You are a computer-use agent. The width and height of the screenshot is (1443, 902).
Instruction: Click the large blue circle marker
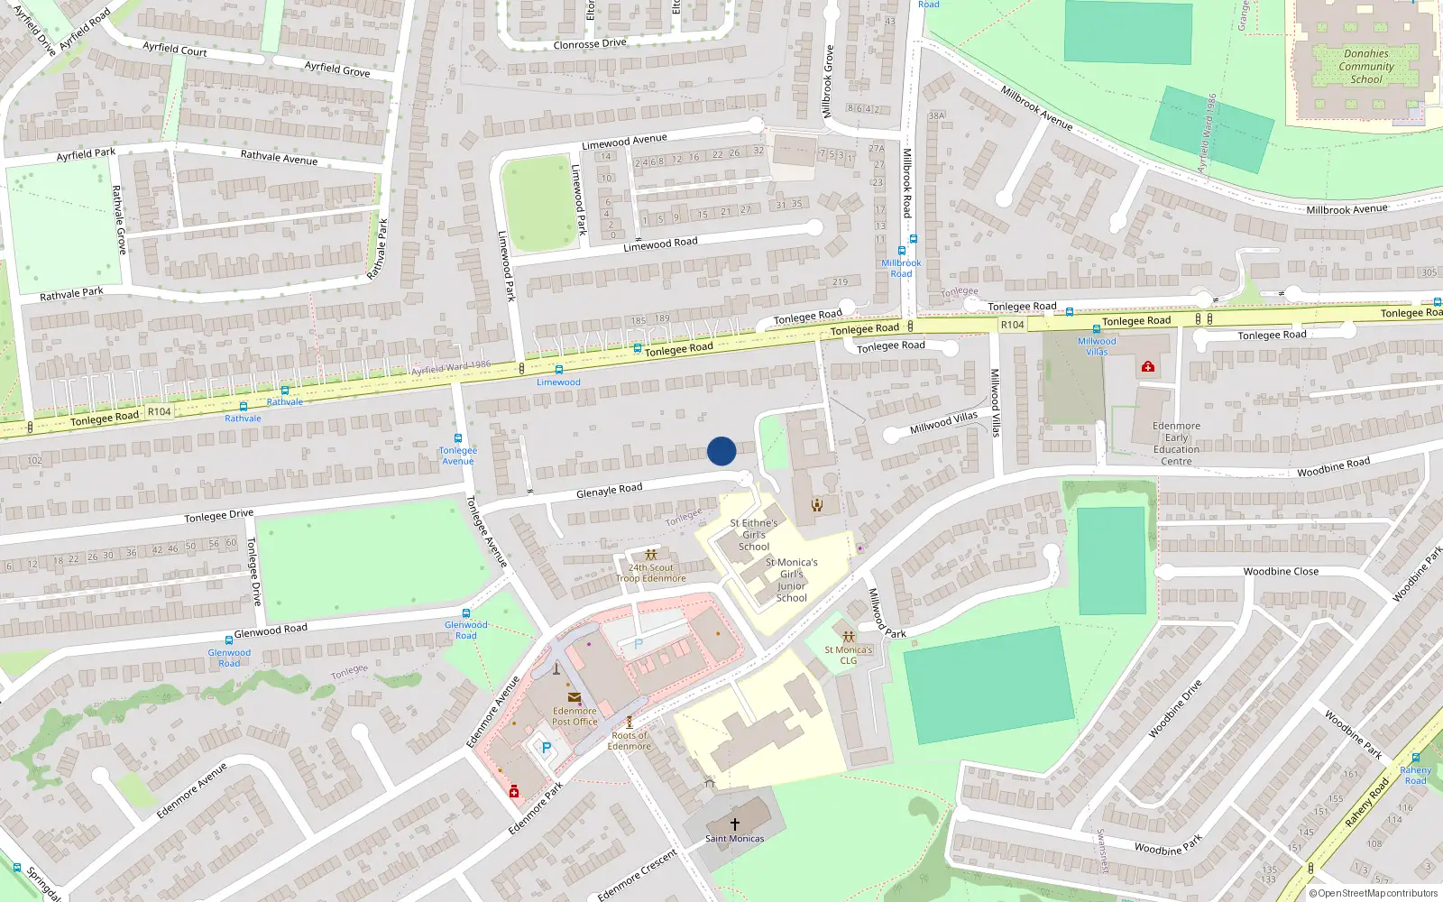click(x=721, y=451)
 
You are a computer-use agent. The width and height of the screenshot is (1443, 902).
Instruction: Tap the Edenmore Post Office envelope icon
click(x=574, y=696)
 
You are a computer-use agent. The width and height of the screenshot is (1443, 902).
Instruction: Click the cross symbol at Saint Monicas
click(x=735, y=824)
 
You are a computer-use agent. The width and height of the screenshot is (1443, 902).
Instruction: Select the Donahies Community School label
click(x=1366, y=67)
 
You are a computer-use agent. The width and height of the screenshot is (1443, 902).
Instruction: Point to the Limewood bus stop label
click(x=558, y=382)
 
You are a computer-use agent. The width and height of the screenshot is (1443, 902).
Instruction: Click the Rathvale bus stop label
click(x=243, y=419)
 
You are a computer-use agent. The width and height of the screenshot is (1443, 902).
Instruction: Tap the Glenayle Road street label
click(x=610, y=490)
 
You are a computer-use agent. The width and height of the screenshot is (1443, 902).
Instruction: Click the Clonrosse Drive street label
click(x=589, y=44)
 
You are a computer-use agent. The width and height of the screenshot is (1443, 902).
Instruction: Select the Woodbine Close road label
click(x=1281, y=572)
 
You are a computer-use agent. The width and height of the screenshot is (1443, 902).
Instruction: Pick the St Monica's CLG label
click(x=848, y=655)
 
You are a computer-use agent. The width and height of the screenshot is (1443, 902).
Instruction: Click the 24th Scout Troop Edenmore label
click(x=650, y=573)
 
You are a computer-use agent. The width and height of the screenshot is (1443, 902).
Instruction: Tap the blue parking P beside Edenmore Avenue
click(x=546, y=749)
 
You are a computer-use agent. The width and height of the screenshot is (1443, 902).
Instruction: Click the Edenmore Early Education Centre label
click(x=1176, y=444)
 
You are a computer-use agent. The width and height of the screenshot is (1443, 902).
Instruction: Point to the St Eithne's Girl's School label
click(x=754, y=535)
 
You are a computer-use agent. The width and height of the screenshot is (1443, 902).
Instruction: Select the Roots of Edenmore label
click(x=629, y=741)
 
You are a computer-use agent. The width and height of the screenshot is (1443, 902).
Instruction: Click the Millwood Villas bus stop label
click(x=1097, y=346)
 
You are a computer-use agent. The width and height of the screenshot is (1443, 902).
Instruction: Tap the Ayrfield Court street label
click(x=175, y=49)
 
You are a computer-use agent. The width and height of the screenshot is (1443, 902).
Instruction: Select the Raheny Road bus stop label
click(x=1415, y=775)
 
